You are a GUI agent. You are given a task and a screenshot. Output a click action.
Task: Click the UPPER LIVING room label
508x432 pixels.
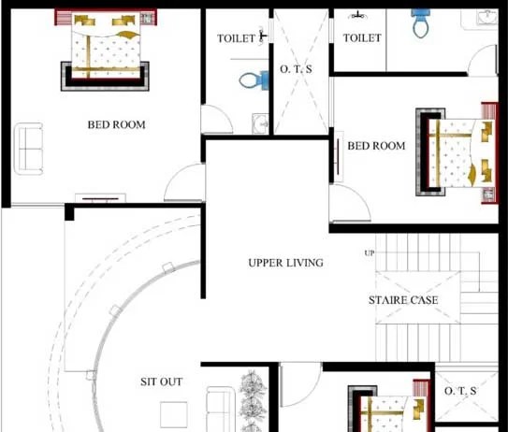(285, 263)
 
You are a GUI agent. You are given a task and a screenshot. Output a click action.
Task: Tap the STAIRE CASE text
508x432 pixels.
(402, 300)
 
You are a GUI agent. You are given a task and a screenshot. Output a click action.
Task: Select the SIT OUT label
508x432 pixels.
(161, 382)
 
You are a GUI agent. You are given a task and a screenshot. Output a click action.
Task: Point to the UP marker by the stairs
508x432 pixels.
(369, 253)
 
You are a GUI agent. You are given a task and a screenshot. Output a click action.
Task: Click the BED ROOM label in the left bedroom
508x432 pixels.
(116, 124)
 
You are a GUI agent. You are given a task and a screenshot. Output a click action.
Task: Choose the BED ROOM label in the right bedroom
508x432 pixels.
(376, 146)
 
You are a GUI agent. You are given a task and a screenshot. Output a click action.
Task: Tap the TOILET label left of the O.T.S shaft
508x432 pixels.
(236, 38)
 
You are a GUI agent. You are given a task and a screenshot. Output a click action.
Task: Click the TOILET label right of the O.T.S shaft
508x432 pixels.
(361, 37)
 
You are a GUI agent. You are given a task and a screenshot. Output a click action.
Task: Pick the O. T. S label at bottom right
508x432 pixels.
(459, 390)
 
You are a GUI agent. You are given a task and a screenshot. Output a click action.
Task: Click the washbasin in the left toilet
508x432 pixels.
(260, 123)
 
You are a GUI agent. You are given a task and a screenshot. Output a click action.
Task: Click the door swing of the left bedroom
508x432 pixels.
(183, 184)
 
